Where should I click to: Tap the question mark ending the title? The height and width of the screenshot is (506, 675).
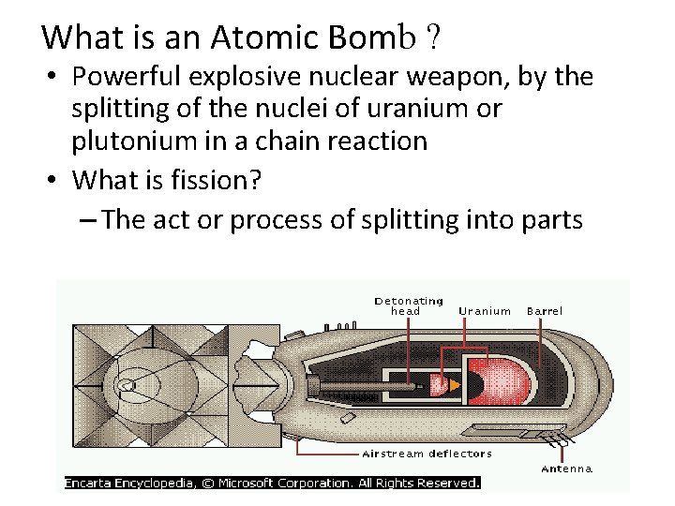[434, 37]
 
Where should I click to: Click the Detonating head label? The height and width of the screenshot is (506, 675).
[409, 305]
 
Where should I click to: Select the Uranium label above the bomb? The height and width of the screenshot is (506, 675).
[485, 311]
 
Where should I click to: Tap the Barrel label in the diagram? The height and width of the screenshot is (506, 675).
[545, 310]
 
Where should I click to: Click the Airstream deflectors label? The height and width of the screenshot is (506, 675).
[427, 454]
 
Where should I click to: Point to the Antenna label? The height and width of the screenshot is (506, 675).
[567, 469]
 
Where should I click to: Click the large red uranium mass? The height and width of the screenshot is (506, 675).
[496, 381]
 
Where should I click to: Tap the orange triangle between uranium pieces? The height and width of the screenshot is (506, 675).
[455, 384]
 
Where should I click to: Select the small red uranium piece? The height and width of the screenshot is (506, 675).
[436, 384]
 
